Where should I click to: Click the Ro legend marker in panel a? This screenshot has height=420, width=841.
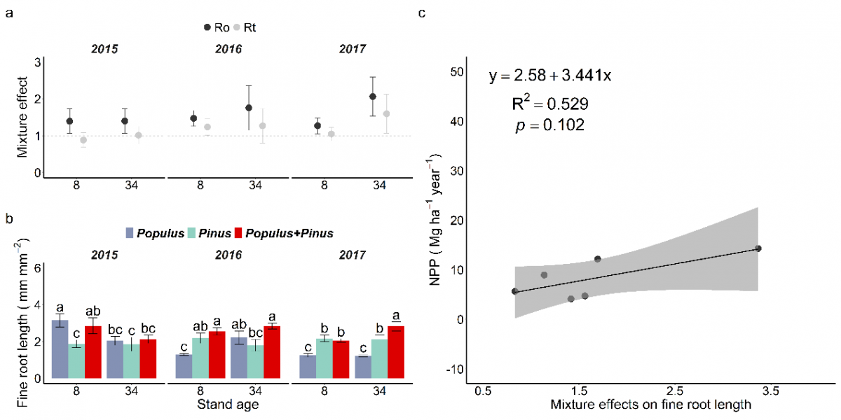pyautogui.click(x=207, y=27)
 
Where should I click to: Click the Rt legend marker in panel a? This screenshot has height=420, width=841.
pyautogui.click(x=237, y=27)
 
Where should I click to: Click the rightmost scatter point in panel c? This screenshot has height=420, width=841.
pyautogui.click(x=758, y=248)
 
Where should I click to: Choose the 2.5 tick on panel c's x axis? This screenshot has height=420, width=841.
pyautogui.click(x=674, y=389)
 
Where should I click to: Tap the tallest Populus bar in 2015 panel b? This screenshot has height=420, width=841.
pyautogui.click(x=60, y=349)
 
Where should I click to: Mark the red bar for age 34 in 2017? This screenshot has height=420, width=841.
pyautogui.click(x=396, y=352)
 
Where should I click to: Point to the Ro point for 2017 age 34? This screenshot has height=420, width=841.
pyautogui.click(x=373, y=97)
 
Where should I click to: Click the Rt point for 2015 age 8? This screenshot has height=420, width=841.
pyautogui.click(x=83, y=140)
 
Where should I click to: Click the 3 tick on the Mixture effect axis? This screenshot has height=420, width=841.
pyautogui.click(x=37, y=62)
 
